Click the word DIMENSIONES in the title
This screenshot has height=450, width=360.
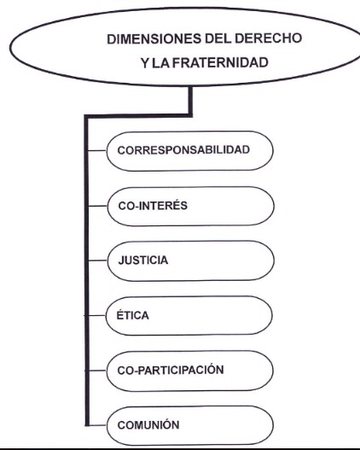pyautogui.click(x=154, y=39)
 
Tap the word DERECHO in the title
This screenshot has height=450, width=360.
pyautogui.click(x=268, y=38)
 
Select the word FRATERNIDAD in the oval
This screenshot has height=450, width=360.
pyautogui.click(x=220, y=62)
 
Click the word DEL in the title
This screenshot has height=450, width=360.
pyautogui.click(x=218, y=38)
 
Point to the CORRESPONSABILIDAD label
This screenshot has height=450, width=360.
pyautogui.click(x=183, y=150)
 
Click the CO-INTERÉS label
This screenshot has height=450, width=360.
pyautogui.click(x=153, y=206)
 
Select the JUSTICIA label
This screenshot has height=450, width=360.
pyautogui.click(x=143, y=260)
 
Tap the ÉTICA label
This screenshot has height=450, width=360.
pyautogui.click(x=133, y=315)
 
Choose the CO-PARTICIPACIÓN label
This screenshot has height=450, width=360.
pyautogui.click(x=171, y=370)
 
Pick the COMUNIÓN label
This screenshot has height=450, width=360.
pyautogui.click(x=148, y=424)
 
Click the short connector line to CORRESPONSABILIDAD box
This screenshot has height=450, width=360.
pyautogui.click(x=97, y=150)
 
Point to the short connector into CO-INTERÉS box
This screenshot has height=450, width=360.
pyautogui.click(x=98, y=206)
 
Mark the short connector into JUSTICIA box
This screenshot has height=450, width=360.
pyautogui.click(x=98, y=260)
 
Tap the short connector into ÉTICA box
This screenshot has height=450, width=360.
pyautogui.click(x=96, y=315)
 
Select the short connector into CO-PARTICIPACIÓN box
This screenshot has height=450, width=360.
pyautogui.click(x=96, y=371)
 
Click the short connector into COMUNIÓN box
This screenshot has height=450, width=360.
pyautogui.click(x=96, y=425)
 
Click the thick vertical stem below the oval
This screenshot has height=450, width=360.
pyautogui.click(x=190, y=101)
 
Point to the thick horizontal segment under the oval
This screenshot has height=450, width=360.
pyautogui.click(x=138, y=116)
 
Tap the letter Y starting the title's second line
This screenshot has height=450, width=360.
pyautogui.click(x=145, y=63)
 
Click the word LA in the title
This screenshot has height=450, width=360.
pyautogui.click(x=160, y=63)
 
